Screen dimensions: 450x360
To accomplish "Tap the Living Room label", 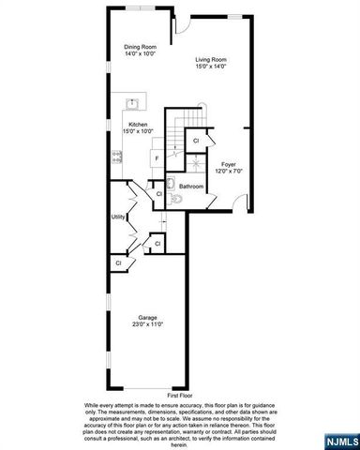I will pos(211,60).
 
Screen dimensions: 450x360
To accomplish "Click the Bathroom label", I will pos(192,187).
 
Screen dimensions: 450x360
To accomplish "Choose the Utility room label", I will pos(118,217).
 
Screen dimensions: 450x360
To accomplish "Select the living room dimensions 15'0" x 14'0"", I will pos(211,67).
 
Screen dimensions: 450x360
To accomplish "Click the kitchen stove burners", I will pos(117,157).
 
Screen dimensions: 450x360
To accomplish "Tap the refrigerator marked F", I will pos(156,158).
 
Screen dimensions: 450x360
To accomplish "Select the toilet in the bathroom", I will pos(176,198).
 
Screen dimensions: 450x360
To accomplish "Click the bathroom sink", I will pos(172,183).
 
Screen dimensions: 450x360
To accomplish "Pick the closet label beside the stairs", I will pos(196,141).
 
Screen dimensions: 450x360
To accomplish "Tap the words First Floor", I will pos(179,396).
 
